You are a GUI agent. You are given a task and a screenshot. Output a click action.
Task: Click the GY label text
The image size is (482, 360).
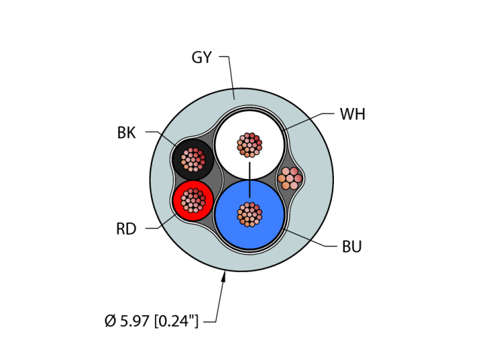(x=201, y=58)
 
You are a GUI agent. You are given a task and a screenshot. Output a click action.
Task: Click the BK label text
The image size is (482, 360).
(x=127, y=134)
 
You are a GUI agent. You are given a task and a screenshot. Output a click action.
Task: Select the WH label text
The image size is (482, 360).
(x=353, y=114)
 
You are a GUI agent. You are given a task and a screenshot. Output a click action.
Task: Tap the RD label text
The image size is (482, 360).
(x=126, y=229)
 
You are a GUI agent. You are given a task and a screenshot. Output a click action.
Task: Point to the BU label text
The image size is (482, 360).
(x=352, y=246)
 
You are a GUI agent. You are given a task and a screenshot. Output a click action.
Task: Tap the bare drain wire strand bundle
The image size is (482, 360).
(x=290, y=178)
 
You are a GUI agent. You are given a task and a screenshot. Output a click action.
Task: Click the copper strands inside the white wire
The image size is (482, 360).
(x=249, y=145)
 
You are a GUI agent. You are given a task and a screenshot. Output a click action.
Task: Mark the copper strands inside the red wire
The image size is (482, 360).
(x=193, y=200)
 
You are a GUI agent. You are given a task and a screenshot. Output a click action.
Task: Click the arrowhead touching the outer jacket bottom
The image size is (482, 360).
(x=223, y=277)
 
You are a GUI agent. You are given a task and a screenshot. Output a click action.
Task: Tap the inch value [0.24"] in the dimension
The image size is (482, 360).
(x=176, y=321)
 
